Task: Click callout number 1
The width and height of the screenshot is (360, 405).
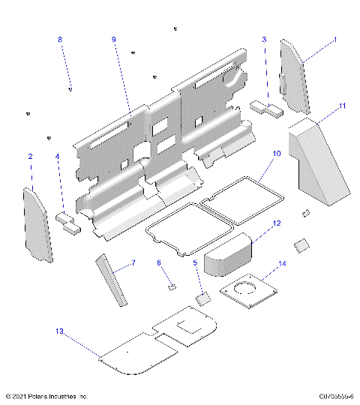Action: point(334,38)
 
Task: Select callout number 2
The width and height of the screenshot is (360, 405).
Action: point(30,157)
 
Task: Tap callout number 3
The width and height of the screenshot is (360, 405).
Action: point(264,38)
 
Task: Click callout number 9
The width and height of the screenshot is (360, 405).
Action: point(114,38)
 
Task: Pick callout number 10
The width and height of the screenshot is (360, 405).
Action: point(276,153)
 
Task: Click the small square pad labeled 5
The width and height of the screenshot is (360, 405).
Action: point(202,299)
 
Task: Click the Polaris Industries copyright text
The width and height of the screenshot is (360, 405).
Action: point(46,395)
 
